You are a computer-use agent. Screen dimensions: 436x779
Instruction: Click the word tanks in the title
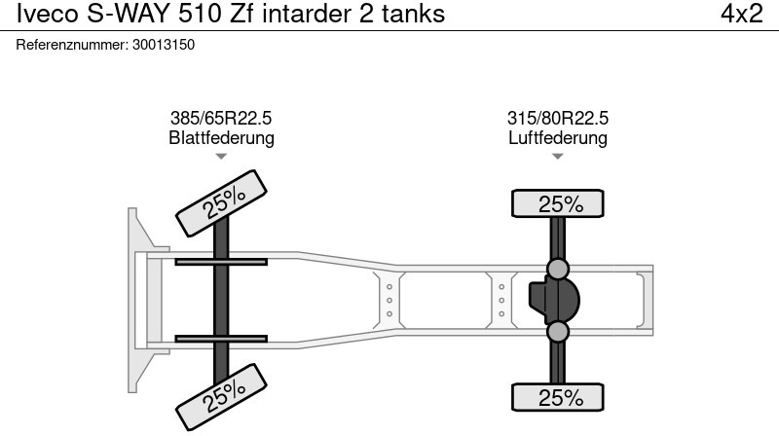[x=413, y=15]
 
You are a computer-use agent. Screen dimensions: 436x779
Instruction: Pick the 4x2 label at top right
[x=741, y=15]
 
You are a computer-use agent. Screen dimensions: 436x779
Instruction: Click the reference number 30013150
[x=163, y=44]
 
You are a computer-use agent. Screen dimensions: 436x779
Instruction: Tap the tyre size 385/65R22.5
[x=221, y=119]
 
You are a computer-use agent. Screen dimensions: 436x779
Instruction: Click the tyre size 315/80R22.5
[x=558, y=119]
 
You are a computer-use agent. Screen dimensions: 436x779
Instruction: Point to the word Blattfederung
[x=221, y=138]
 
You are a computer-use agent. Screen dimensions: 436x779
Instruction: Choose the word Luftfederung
[x=558, y=138]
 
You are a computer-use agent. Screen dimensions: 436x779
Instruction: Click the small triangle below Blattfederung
[x=221, y=157]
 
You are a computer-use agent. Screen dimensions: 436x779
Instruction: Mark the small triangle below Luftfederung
[x=558, y=157]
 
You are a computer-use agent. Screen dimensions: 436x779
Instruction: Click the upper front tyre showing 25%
[x=222, y=201]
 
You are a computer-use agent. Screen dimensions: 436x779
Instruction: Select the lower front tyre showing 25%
[x=222, y=394]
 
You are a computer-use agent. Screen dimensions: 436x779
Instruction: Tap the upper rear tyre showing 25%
[x=559, y=204]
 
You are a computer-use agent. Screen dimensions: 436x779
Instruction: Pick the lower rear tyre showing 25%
[x=559, y=397]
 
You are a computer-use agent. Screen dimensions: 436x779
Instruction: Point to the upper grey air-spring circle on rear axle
[x=558, y=269]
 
